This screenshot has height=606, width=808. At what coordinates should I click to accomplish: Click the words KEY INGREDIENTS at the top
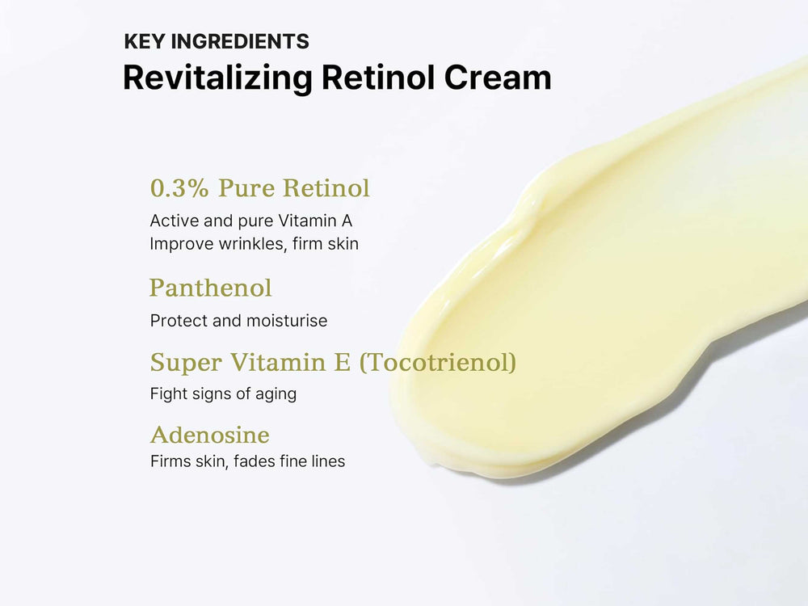coord(217,41)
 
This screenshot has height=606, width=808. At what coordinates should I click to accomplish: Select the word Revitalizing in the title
coord(217,78)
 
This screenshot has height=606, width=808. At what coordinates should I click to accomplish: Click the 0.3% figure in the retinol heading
coord(180,188)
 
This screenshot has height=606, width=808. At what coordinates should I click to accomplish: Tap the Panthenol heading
coord(210,288)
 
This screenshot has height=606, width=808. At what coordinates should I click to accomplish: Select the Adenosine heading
coord(209,435)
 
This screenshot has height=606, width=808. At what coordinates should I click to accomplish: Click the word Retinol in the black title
coord(378,78)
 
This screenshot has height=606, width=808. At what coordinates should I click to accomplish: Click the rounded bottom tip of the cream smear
coord(436,457)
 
